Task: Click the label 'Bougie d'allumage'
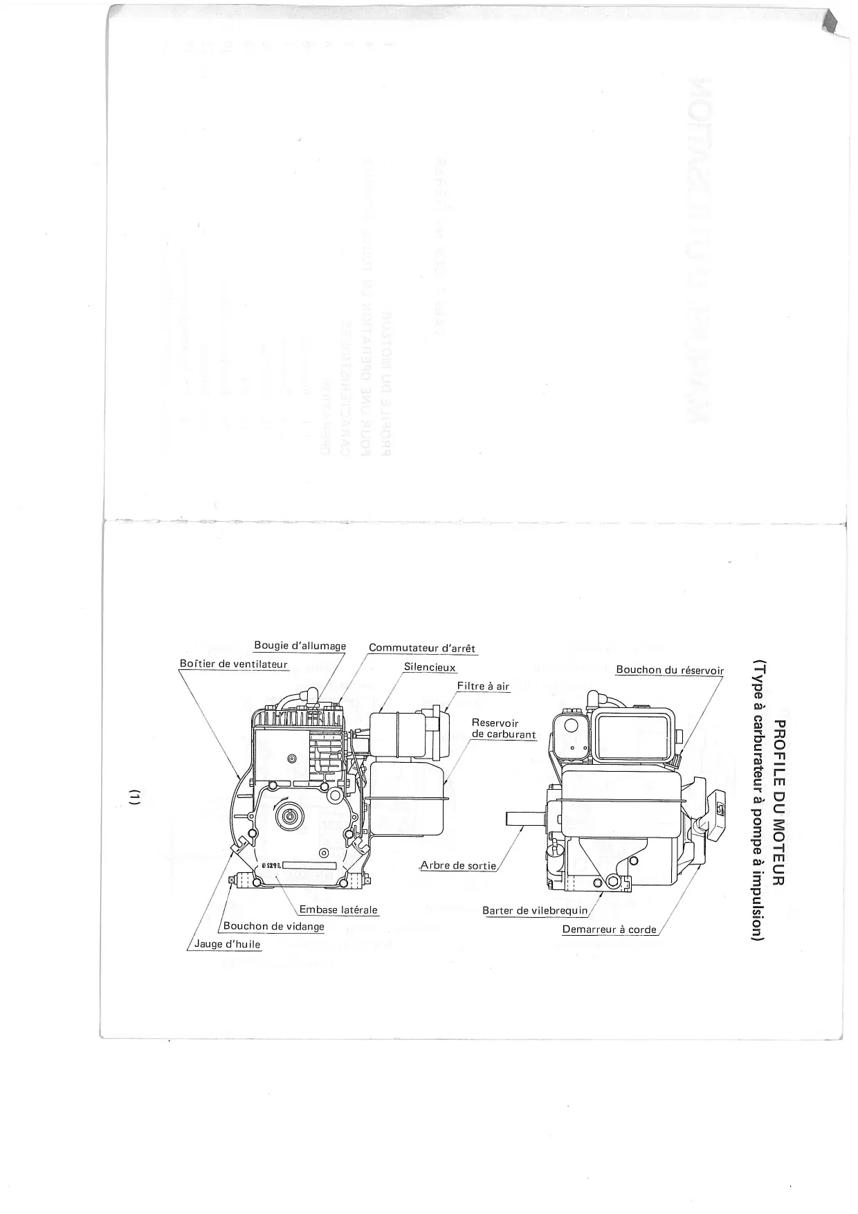coord(300,646)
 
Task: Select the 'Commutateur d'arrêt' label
coord(422,649)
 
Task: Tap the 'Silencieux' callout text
coord(430,667)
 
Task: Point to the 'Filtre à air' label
coord(483,686)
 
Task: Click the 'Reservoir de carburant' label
coord(503,729)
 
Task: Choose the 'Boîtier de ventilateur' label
coord(233,664)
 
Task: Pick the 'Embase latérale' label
coord(338,909)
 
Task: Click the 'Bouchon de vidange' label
coord(273,926)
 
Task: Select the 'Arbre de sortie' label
coord(458,866)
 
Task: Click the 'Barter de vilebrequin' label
coord(534,910)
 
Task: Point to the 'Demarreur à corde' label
coord(609,929)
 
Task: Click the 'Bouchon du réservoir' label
coord(669,670)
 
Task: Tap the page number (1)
coord(136,797)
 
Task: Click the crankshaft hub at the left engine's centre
coord(288,817)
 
